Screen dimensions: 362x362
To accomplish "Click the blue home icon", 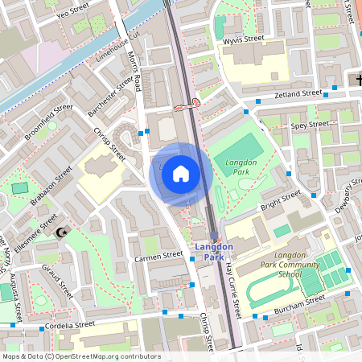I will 181,174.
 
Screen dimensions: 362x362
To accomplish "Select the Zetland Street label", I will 298,94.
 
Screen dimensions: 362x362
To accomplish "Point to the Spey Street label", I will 311,125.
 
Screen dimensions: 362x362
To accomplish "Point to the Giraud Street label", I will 58,282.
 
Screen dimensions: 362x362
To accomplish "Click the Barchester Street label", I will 112,97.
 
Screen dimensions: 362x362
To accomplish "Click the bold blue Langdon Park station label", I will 213,251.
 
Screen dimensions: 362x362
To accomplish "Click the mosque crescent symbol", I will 62,233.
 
